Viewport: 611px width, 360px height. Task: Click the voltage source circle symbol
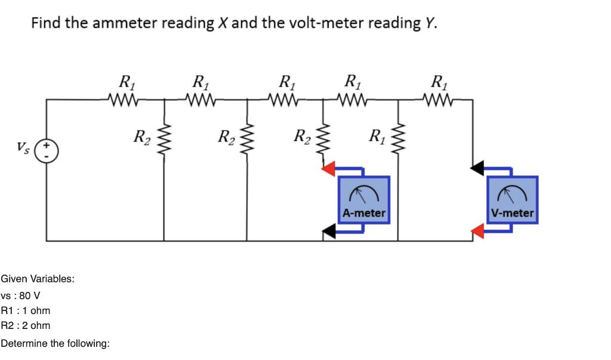click(47, 150)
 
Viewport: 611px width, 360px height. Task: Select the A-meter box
click(364, 199)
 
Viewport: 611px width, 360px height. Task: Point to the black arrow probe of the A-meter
click(328, 232)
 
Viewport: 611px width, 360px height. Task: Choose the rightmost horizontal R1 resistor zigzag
click(439, 98)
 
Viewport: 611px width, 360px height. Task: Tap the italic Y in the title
click(430, 23)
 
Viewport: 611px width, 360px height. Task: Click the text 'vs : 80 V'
click(21, 296)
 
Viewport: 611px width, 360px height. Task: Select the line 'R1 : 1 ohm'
click(26, 310)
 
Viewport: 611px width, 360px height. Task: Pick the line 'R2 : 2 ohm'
click(26, 325)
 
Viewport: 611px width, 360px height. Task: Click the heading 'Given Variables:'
click(38, 279)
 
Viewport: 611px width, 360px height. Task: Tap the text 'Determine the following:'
click(55, 344)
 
